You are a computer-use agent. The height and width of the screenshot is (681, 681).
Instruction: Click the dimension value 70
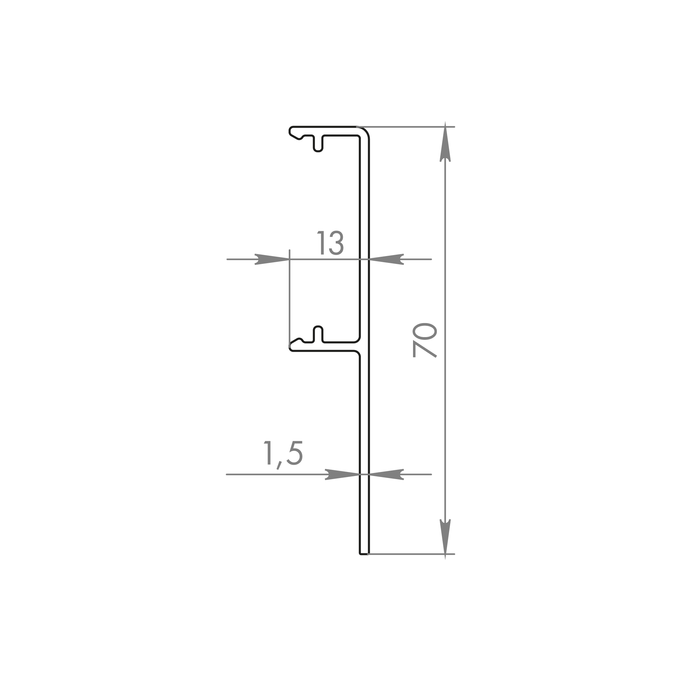425,340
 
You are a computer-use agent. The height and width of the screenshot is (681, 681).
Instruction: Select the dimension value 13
330,243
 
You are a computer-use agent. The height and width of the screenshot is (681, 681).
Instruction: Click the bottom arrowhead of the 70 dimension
445,539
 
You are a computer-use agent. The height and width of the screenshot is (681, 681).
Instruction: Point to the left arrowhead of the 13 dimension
272,259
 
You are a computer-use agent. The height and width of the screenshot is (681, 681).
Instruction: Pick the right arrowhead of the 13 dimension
386,259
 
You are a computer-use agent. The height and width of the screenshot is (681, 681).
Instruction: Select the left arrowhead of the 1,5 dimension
342,474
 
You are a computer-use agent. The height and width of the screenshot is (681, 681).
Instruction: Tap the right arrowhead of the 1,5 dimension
386,474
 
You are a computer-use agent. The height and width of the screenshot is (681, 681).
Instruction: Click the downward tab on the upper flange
318,144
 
